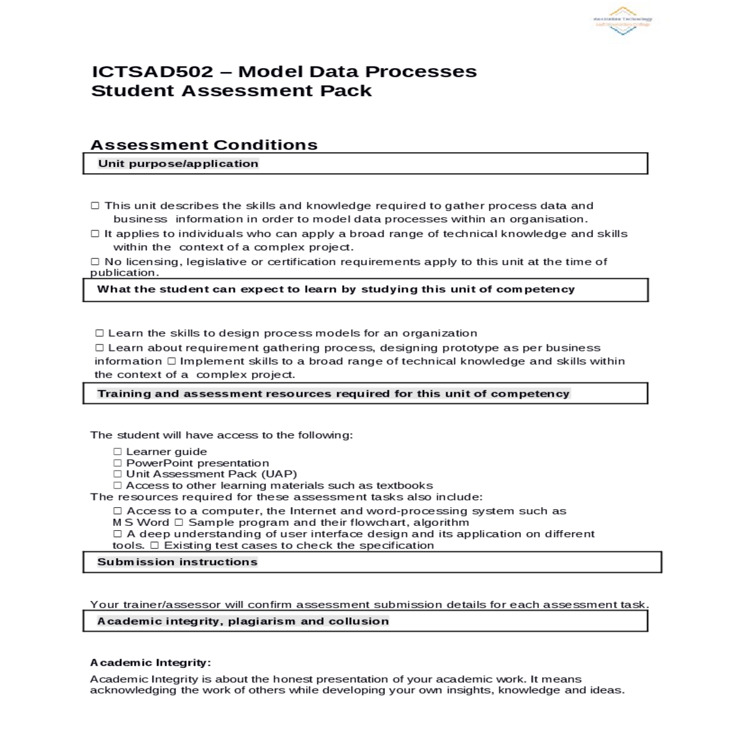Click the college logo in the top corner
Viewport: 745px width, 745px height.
(x=623, y=20)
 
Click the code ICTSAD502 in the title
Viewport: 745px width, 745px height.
(x=153, y=72)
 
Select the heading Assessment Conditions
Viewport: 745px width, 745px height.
(x=204, y=145)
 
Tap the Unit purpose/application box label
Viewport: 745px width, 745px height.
(x=178, y=164)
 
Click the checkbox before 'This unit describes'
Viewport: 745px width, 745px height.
(x=95, y=206)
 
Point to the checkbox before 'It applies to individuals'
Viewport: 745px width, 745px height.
(x=95, y=234)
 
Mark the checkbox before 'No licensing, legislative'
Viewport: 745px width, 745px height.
(x=95, y=262)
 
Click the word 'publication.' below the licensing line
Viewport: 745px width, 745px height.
(x=125, y=273)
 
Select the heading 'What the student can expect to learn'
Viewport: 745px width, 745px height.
(x=336, y=289)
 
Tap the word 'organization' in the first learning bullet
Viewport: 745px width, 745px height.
(x=440, y=333)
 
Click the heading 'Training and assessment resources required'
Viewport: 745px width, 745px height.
(x=333, y=394)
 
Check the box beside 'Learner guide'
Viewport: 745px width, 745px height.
(x=117, y=452)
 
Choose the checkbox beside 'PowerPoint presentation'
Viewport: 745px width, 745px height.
(x=117, y=463)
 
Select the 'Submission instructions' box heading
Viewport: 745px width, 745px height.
(x=178, y=562)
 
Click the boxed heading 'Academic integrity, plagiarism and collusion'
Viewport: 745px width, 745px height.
(x=243, y=621)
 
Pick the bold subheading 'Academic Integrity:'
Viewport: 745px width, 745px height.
(x=151, y=663)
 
